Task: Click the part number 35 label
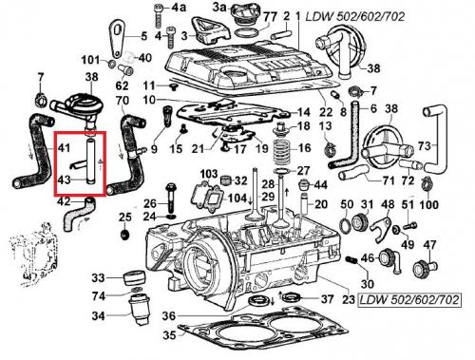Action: click(x=169, y=334)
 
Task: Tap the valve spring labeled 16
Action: click(x=282, y=148)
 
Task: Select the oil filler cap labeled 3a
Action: click(x=244, y=14)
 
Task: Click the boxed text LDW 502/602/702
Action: click(x=409, y=299)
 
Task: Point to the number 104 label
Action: click(x=237, y=199)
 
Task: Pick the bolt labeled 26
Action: click(x=170, y=198)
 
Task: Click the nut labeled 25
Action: click(x=124, y=235)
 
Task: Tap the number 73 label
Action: click(x=424, y=145)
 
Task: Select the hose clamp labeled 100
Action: click(x=427, y=185)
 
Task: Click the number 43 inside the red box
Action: click(x=65, y=180)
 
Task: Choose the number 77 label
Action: click(x=270, y=17)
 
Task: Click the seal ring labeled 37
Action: click(x=292, y=297)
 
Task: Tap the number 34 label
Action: click(x=98, y=315)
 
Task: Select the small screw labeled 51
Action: click(x=410, y=226)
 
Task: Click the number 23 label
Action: click(x=349, y=299)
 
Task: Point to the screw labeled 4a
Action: click(x=159, y=16)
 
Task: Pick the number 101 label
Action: click(x=90, y=60)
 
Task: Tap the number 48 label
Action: click(x=387, y=204)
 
